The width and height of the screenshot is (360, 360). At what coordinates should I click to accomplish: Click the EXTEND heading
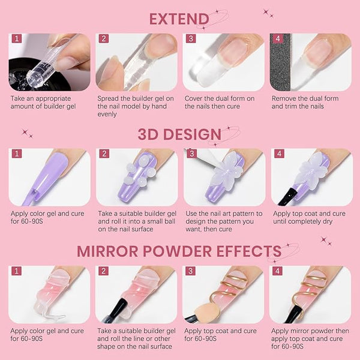(179, 19)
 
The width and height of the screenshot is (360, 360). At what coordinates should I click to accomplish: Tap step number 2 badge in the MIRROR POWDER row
(104, 272)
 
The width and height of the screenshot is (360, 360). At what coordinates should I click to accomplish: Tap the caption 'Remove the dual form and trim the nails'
(305, 102)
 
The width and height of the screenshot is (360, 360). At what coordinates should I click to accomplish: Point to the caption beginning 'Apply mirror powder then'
(308, 338)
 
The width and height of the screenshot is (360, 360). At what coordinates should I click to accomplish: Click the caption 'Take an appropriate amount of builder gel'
(40, 102)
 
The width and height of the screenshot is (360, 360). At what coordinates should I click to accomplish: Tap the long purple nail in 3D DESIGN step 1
(39, 174)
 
